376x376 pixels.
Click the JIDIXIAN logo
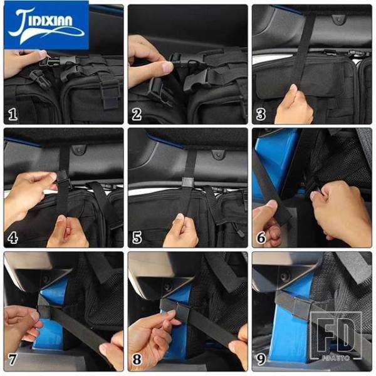[46, 25]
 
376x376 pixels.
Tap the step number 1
[13, 114]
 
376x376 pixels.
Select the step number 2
[137, 114]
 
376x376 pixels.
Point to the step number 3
[261, 114]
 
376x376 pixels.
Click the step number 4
[13, 238]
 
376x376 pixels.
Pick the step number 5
[137, 238]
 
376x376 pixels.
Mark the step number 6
[261, 238]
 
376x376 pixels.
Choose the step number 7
[13, 359]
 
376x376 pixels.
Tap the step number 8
[137, 359]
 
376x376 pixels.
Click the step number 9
[261, 359]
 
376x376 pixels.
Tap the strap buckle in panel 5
[187, 182]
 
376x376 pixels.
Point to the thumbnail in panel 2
[167, 66]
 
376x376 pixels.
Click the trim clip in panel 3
[338, 19]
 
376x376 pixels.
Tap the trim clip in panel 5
[217, 154]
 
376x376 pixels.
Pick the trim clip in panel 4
[79, 150]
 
